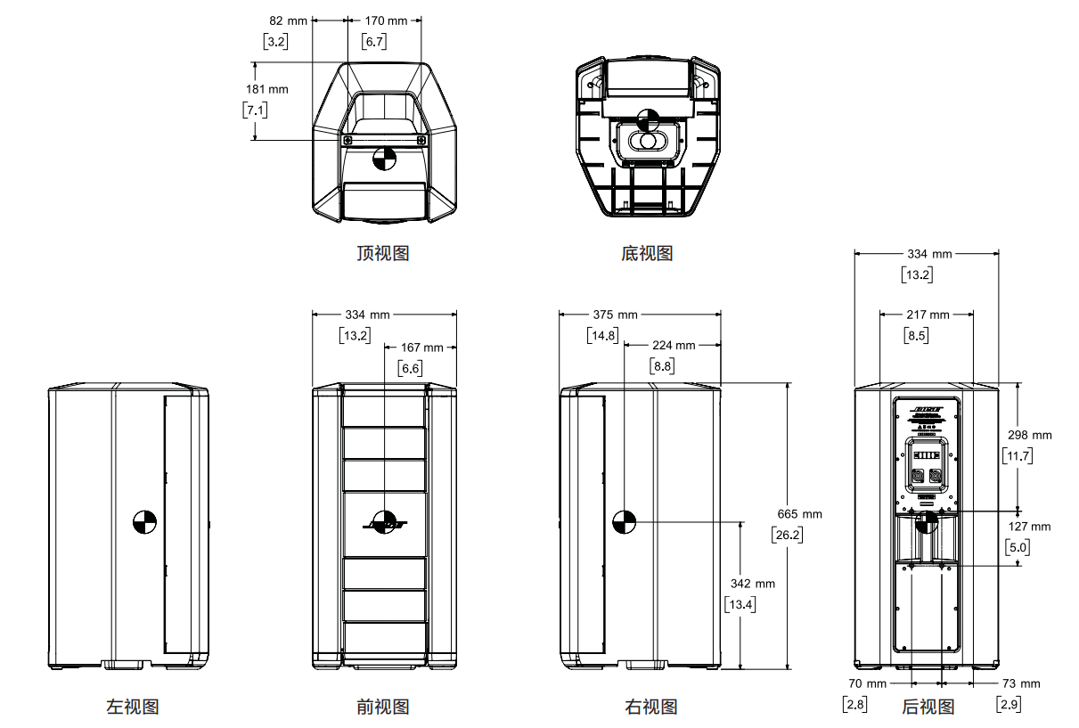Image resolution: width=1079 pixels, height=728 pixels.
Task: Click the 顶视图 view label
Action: pyautogui.click(x=382, y=253)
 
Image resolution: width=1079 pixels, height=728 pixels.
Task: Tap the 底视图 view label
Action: pyautogui.click(x=647, y=253)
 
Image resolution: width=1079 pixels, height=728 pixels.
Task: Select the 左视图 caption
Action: pyautogui.click(x=133, y=707)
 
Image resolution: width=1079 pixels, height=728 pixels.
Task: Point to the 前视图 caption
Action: pyautogui.click(x=382, y=707)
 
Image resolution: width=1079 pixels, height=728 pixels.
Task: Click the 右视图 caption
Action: pyautogui.click(x=650, y=707)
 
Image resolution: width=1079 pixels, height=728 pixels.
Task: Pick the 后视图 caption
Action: pyautogui.click(x=928, y=707)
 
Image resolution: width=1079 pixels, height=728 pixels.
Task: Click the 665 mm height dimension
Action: pyautogui.click(x=799, y=514)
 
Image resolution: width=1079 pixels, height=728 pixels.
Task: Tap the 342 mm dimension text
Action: pyautogui.click(x=752, y=584)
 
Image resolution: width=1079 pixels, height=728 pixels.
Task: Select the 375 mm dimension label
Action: pyautogui.click(x=615, y=314)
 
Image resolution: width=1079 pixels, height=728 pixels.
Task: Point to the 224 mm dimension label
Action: pyautogui.click(x=673, y=345)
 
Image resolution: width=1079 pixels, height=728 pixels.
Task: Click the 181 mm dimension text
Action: pyautogui.click(x=266, y=89)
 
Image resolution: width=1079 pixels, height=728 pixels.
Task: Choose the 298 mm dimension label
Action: pyautogui.click(x=1029, y=435)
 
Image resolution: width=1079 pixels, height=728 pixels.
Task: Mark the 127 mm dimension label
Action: pyautogui.click(x=1029, y=526)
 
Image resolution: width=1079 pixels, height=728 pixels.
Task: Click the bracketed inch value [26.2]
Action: pyautogui.click(x=787, y=535)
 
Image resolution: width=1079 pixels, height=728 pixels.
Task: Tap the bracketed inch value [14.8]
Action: pyautogui.click(x=602, y=335)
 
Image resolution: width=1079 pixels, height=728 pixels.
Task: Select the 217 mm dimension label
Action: pyautogui.click(x=927, y=314)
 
